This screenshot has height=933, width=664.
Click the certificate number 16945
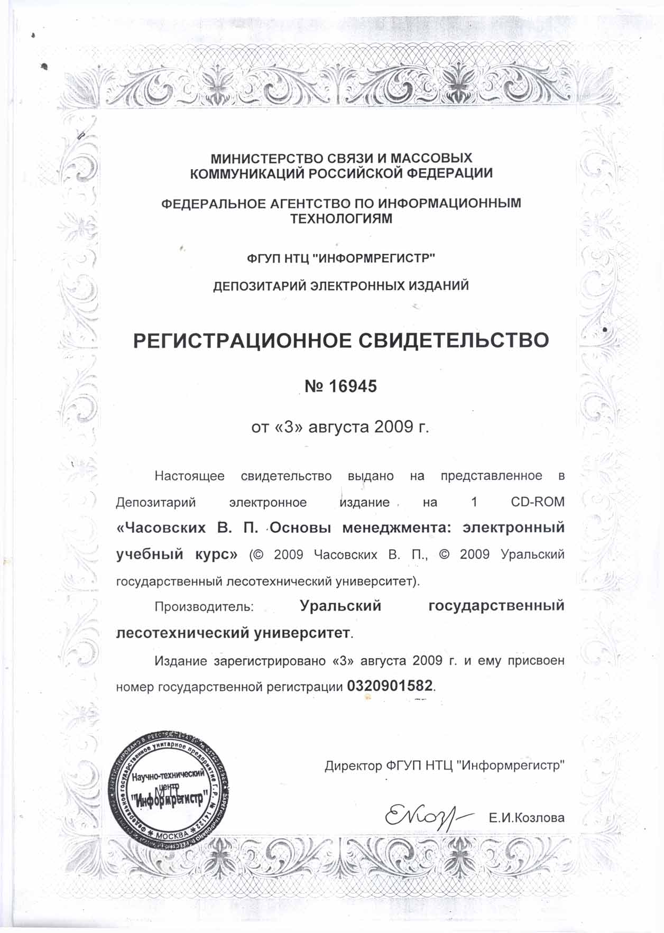353,386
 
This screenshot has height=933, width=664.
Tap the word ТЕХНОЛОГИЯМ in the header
342,218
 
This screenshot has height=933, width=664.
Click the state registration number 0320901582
390,686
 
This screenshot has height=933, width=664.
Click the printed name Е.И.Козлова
527,818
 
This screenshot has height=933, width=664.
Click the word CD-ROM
538,502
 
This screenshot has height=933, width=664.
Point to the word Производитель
204,606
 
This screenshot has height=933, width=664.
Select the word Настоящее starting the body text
189,476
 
